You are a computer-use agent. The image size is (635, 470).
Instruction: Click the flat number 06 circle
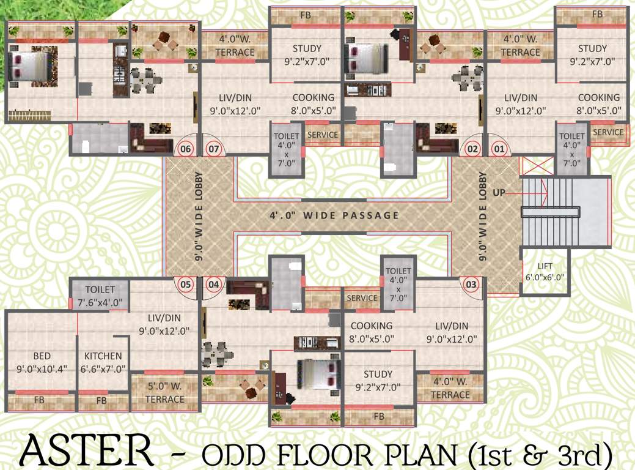(x=185, y=149)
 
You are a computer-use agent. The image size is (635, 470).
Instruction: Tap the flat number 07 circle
(x=214, y=149)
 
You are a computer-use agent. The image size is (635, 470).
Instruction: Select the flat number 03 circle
(x=471, y=284)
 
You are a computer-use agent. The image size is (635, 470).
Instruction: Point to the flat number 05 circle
(x=186, y=284)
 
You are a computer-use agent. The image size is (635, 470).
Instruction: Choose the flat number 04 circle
(x=213, y=284)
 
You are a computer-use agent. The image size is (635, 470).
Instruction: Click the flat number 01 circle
(x=499, y=149)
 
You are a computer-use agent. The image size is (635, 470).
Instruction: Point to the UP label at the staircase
(x=499, y=193)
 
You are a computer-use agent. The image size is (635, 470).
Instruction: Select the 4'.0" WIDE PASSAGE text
(x=334, y=215)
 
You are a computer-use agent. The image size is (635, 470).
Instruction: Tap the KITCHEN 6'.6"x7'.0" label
(x=103, y=362)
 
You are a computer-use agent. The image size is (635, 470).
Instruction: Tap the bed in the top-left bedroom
(x=30, y=65)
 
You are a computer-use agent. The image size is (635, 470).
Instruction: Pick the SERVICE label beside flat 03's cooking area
(x=362, y=298)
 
